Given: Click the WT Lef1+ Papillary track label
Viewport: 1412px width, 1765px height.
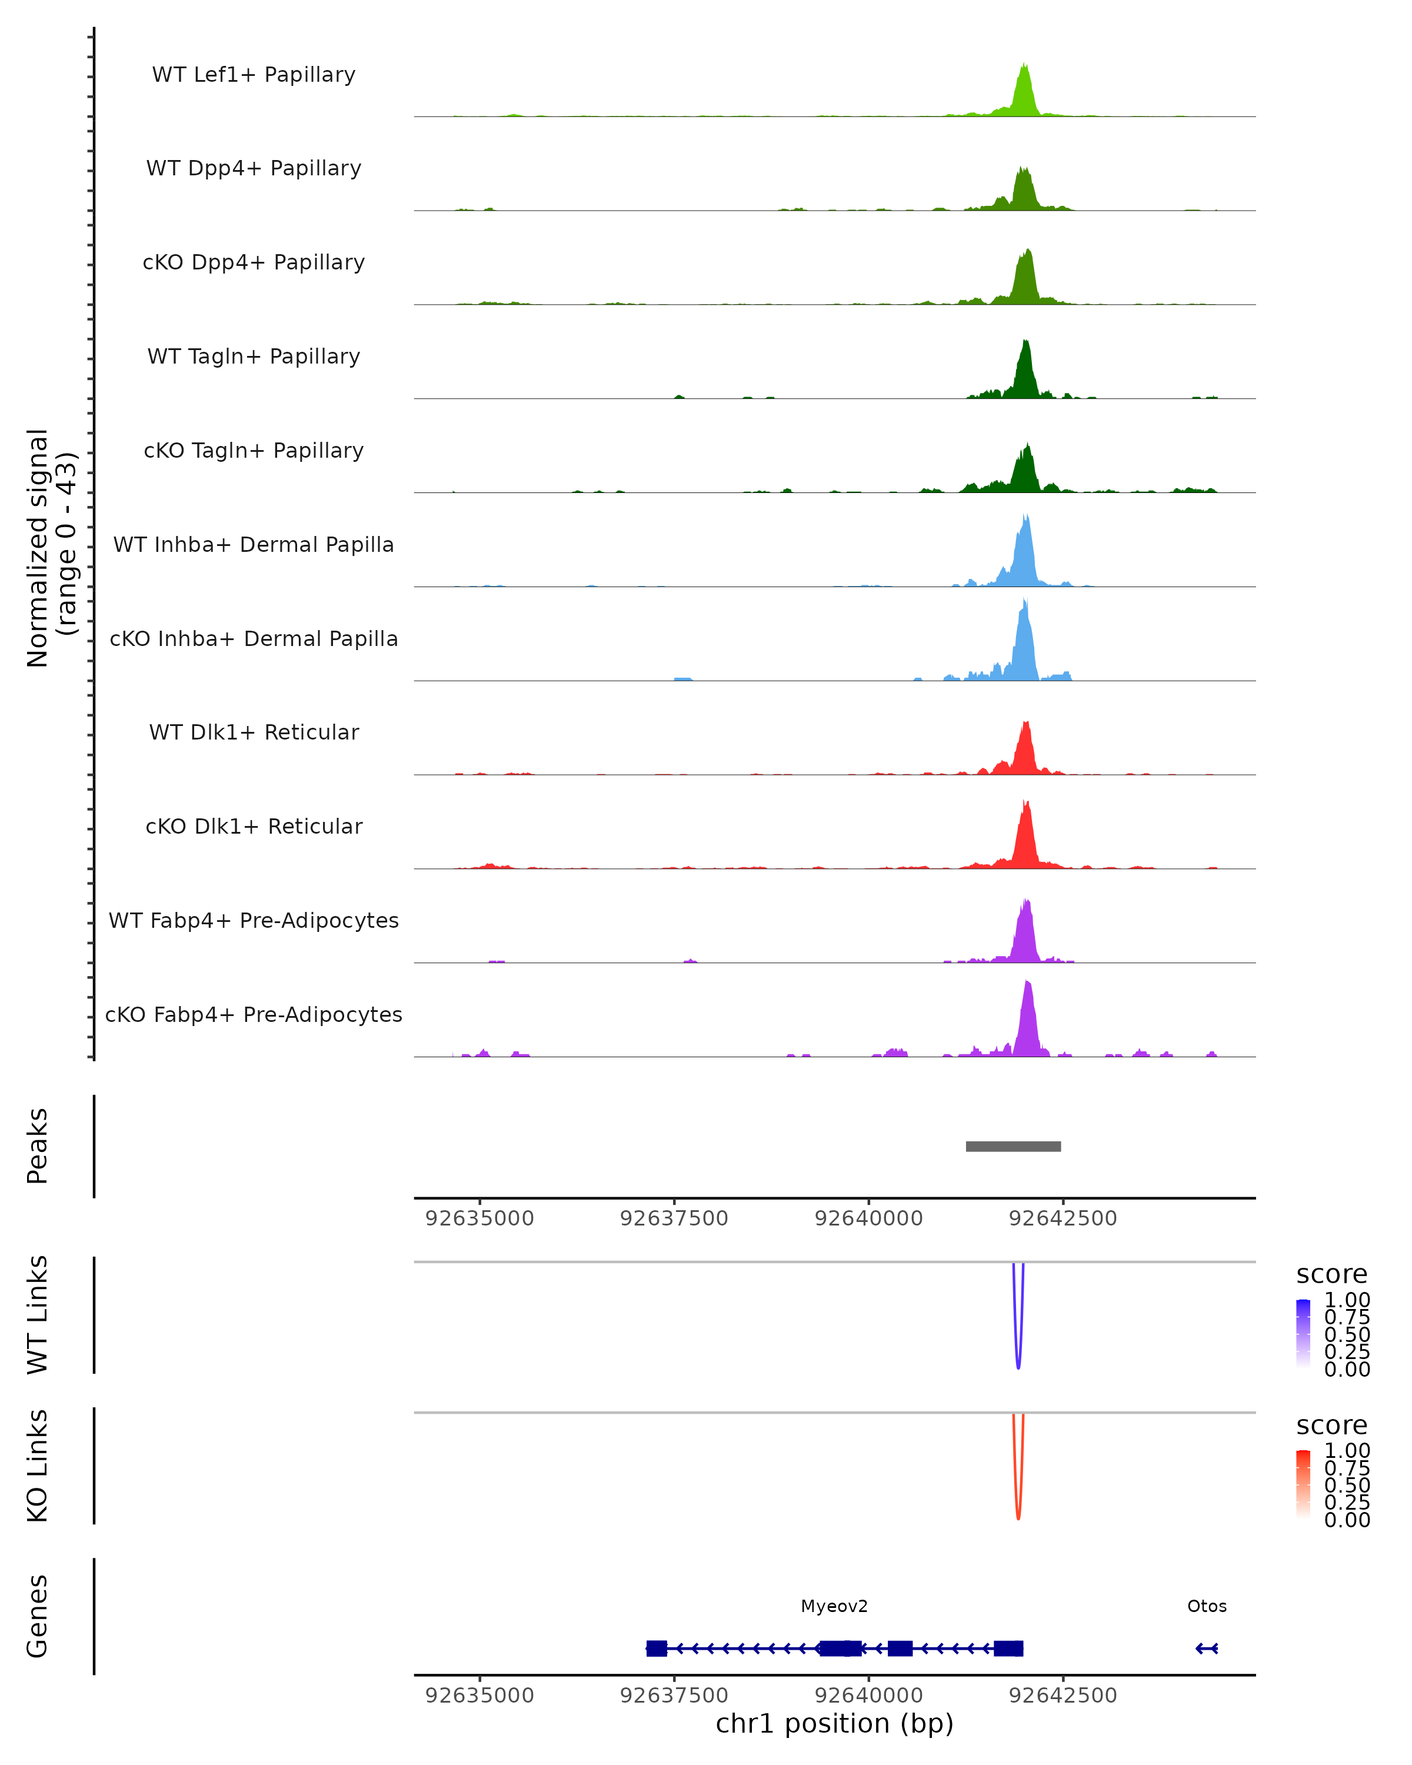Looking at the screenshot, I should click(254, 75).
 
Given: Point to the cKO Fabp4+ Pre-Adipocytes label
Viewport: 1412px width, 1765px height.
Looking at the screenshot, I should click(254, 1014).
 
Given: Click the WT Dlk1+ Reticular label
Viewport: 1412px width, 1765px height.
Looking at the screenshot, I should click(254, 732).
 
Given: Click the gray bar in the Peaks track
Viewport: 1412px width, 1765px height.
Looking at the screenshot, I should click(1013, 1146).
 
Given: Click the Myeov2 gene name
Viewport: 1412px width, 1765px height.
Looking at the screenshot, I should click(834, 1606).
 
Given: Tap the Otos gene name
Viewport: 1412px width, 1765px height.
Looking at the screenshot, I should click(1207, 1606).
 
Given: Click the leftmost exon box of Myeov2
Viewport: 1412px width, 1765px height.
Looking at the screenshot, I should click(657, 1648).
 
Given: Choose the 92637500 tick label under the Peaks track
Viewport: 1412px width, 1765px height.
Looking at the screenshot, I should click(674, 1218).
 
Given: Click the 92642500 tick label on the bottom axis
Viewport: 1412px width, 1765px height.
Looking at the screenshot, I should click(1063, 1696).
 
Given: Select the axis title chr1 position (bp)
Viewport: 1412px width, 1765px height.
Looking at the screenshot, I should click(834, 1724).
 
